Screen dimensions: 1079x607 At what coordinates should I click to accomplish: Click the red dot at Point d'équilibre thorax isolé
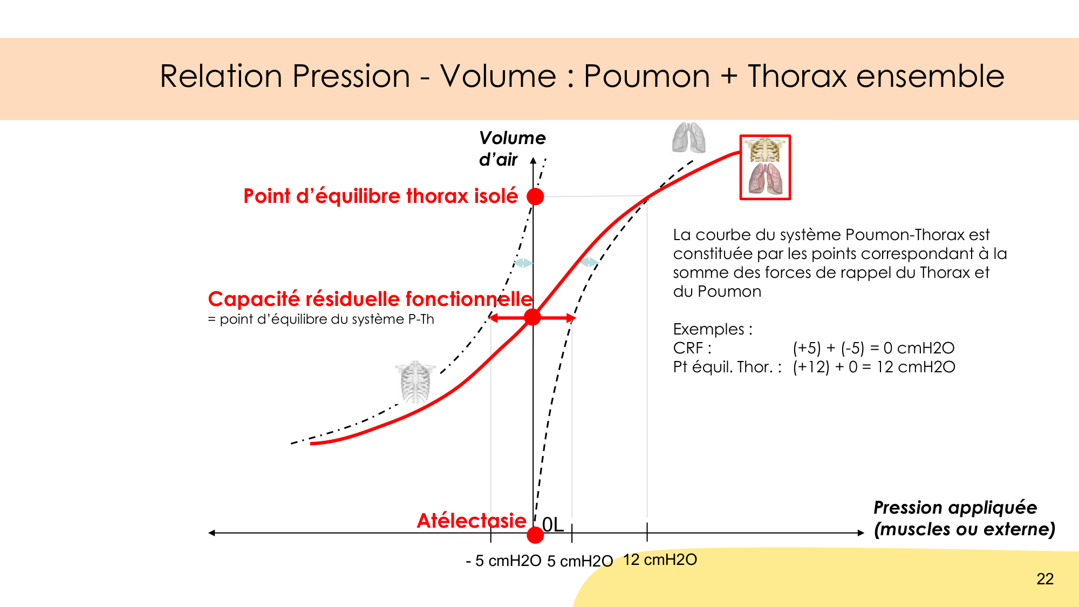[x=535, y=196]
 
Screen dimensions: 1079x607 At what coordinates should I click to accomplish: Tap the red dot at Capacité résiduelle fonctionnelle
[x=532, y=317]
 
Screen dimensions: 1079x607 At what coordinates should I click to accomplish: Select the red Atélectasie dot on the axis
[x=535, y=535]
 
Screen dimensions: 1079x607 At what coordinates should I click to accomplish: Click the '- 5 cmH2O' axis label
[x=503, y=561]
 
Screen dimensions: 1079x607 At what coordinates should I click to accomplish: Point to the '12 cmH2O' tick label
[x=660, y=560]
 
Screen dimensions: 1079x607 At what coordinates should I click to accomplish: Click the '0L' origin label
[x=552, y=524]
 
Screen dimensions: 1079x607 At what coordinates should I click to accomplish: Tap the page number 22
[x=1045, y=579]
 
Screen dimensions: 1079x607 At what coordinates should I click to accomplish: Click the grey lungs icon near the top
[x=689, y=138]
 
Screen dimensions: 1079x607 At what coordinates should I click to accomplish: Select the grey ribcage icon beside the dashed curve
[x=415, y=383]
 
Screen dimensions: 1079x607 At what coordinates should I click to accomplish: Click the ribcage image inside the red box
[x=765, y=150]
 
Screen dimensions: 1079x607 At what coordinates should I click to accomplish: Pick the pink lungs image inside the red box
[x=765, y=179]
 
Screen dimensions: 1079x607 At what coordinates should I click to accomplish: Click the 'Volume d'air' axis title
[x=512, y=149]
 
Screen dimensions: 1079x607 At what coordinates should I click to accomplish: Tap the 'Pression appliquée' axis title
[x=955, y=508]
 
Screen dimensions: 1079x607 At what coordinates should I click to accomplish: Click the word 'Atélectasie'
[x=472, y=521]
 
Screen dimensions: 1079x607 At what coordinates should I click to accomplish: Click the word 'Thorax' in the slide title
[x=798, y=76]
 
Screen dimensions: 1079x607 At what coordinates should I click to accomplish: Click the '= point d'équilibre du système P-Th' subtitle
[x=321, y=319]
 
